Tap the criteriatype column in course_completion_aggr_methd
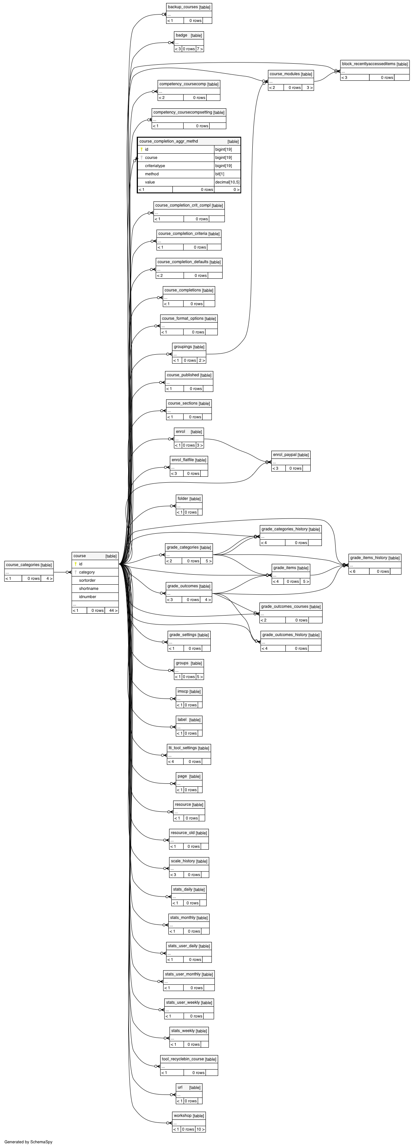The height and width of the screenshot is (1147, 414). pyautogui.click(x=155, y=166)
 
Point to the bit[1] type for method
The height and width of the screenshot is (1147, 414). pyautogui.click(x=220, y=174)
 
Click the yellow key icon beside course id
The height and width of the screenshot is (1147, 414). pyautogui.click(x=75, y=564)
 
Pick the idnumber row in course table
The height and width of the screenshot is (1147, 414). pyautogui.click(x=95, y=597)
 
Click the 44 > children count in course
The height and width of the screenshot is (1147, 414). pyautogui.click(x=113, y=610)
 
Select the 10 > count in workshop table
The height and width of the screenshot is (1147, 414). pyautogui.click(x=201, y=1129)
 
